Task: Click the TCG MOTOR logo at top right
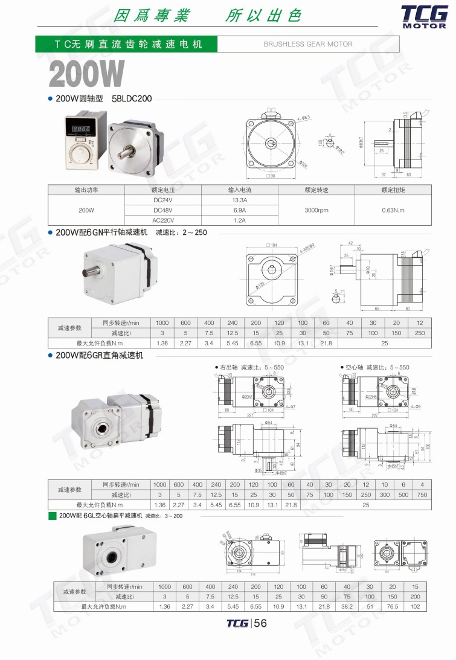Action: point(424,17)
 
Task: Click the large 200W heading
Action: point(86,74)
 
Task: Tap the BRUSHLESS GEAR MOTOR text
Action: point(308,44)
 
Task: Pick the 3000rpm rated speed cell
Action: point(316,210)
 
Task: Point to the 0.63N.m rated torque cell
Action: point(393,210)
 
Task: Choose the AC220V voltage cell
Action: point(162,220)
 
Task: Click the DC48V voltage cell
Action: point(162,210)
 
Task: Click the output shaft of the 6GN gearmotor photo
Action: point(89,269)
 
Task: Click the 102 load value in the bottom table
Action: point(415,606)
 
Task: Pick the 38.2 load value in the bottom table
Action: point(347,606)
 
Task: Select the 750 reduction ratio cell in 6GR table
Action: point(422,495)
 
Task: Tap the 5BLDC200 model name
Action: point(132,98)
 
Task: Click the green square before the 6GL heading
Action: point(52,516)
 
